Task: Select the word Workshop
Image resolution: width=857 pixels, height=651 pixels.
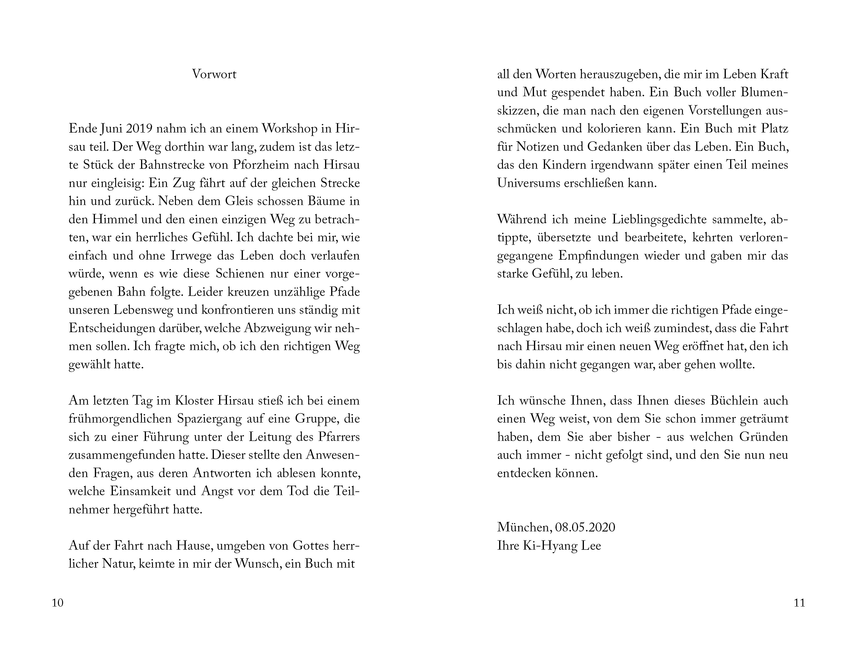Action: point(290,129)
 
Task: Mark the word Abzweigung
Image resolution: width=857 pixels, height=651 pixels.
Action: point(277,328)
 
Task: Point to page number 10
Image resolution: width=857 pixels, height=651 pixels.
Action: point(57,603)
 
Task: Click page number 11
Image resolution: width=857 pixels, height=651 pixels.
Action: point(799,603)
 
